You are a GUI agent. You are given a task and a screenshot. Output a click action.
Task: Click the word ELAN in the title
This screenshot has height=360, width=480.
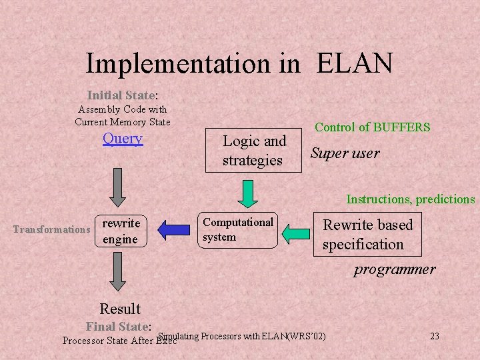(x=354, y=63)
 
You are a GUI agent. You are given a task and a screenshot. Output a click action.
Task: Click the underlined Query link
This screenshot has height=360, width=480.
(x=123, y=139)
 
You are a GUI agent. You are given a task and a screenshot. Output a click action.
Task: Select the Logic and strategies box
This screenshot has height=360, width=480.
(x=254, y=150)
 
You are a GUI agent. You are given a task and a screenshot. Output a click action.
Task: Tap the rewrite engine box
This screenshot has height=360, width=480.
(x=120, y=231)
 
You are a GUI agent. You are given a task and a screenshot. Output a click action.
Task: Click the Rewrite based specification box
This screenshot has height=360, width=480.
(x=368, y=234)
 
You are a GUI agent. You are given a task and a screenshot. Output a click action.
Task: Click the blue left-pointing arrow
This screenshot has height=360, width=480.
(x=174, y=231)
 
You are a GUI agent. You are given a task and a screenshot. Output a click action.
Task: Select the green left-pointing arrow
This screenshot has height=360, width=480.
(x=297, y=233)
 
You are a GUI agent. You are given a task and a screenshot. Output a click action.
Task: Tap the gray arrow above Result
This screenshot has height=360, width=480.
(x=118, y=273)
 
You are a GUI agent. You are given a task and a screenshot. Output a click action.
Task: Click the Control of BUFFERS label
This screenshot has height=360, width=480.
(x=372, y=127)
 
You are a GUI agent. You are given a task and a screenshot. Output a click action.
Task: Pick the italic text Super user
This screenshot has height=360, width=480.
(x=345, y=153)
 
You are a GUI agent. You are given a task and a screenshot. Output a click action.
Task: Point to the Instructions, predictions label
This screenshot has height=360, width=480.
(x=410, y=199)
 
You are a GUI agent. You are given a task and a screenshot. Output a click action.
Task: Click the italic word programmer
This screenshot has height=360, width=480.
(x=394, y=269)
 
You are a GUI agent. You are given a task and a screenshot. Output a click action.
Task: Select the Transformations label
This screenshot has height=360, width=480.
(x=51, y=229)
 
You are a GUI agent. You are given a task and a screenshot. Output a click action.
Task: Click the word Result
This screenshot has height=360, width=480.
(x=120, y=309)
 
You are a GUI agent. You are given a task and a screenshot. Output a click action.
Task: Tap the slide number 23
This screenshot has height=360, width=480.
(x=434, y=336)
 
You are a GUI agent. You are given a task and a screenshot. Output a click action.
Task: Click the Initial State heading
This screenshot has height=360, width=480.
(x=121, y=95)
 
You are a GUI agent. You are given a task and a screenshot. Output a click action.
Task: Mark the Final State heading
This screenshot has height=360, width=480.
(x=119, y=327)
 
